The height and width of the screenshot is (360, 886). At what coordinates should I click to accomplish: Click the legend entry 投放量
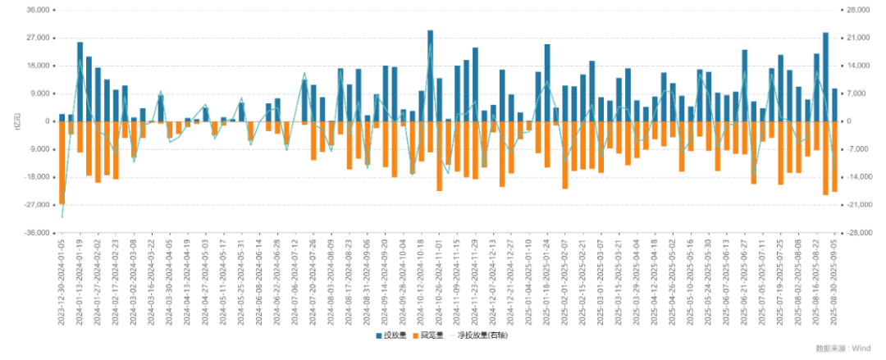pyautogui.click(x=392, y=335)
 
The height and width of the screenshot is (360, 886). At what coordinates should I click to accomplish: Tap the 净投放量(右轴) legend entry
pyautogui.click(x=481, y=335)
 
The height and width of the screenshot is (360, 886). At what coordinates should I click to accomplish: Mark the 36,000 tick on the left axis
pyautogui.click(x=39, y=10)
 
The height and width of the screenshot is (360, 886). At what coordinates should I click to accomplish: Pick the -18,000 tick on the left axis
pyautogui.click(x=38, y=177)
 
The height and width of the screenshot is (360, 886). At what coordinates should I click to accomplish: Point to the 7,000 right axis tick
pyautogui.click(x=856, y=93)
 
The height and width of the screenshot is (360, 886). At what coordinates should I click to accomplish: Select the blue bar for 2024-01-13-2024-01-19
pyautogui.click(x=80, y=82)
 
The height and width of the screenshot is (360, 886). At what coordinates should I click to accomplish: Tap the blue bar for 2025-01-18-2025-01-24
pyautogui.click(x=547, y=83)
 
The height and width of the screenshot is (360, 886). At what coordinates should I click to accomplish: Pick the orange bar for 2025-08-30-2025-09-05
pyautogui.click(x=834, y=157)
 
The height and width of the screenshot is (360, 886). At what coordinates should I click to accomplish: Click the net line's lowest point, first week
pyautogui.click(x=62, y=217)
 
